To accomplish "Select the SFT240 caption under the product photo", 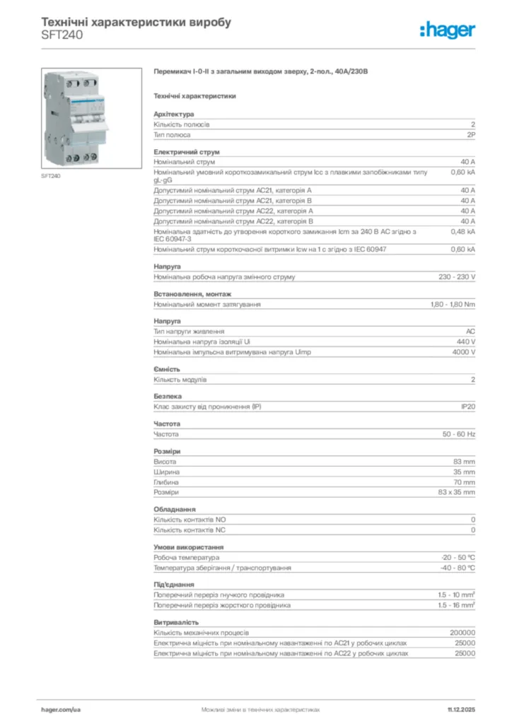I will [50, 175].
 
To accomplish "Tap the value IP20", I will [467, 407].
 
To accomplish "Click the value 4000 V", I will [464, 352].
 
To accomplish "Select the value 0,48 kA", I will [463, 231].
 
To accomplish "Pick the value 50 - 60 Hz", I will [459, 433].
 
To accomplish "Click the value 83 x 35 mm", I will [456, 492].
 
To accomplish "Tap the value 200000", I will [462, 632].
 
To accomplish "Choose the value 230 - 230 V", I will [457, 276].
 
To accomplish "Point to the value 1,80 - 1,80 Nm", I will [453, 304].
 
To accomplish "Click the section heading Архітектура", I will [174, 114].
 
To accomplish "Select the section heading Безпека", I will [168, 397].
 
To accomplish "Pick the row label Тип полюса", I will [172, 134].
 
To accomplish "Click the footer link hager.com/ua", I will [62, 708].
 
